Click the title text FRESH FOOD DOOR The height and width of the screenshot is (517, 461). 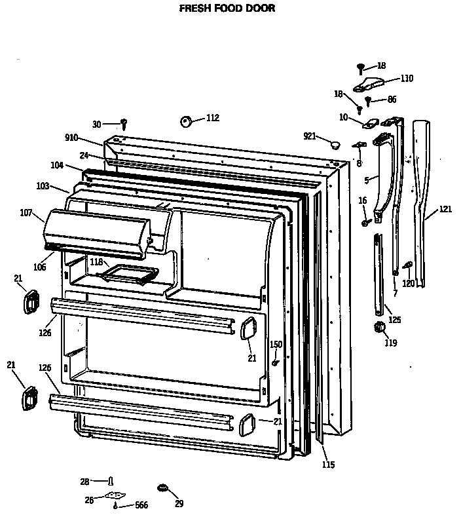coord(227,9)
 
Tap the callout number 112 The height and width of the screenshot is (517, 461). coord(212,118)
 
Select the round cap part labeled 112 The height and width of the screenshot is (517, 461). coord(185,120)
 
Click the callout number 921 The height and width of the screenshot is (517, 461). coord(310,136)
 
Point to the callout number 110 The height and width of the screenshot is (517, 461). coord(407,79)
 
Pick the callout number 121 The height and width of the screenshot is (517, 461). coord(445,209)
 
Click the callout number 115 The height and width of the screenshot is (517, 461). coord(328,465)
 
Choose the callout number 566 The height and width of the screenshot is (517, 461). coord(141,505)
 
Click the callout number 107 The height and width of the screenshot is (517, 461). coord(26,212)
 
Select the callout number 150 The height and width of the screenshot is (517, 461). coord(276,345)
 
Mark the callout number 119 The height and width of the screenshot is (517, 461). coord(390,342)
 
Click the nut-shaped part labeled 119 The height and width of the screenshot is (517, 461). coord(377,327)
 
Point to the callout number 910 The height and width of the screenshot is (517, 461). coord(71,138)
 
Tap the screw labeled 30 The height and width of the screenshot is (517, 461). coord(124,123)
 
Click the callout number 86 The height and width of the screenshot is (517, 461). coord(392,100)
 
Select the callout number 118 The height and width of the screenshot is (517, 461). coord(96,262)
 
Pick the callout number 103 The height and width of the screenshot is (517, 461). coord(43,186)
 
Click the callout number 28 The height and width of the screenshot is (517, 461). coord(84,482)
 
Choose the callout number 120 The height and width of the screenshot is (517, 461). coord(408,283)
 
